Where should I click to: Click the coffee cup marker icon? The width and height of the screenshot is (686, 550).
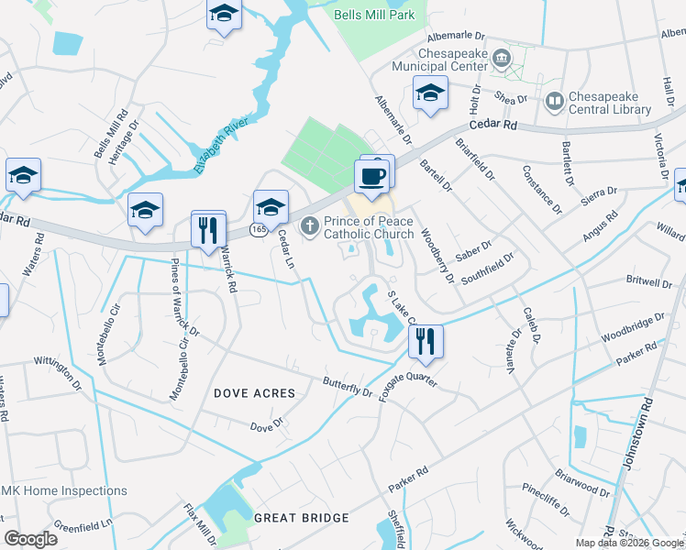coord(371,175)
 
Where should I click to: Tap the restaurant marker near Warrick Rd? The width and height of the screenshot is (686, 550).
coord(209,228)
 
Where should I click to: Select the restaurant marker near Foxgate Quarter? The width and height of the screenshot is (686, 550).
coord(425,342)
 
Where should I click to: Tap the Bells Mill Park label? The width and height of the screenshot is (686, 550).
coord(374,15)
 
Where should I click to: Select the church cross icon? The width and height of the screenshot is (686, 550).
coord(310,224)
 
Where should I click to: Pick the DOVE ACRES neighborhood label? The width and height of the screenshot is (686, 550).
coord(255,393)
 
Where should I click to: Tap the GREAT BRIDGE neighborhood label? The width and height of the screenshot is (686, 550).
coord(303,518)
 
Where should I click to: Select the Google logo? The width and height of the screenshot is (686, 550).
coord(31,539)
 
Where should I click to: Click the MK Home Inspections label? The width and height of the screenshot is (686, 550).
coord(64,490)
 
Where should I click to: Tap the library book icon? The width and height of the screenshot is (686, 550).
coord(554,99)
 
